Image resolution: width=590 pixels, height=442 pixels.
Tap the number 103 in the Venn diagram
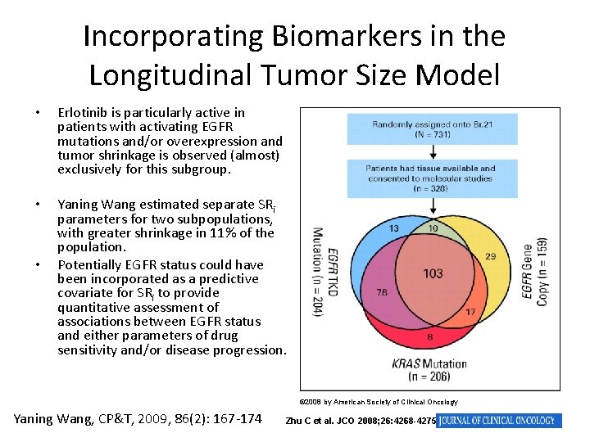(x=433, y=273)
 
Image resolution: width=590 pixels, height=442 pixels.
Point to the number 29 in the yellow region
(x=490, y=256)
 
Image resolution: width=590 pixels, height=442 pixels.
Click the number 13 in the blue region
(x=394, y=228)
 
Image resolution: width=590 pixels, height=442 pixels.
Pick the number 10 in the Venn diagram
(x=432, y=228)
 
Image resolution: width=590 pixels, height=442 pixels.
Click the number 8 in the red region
(x=431, y=336)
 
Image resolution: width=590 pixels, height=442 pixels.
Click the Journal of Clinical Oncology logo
(x=499, y=421)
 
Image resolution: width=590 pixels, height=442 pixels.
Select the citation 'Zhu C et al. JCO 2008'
(x=360, y=421)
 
